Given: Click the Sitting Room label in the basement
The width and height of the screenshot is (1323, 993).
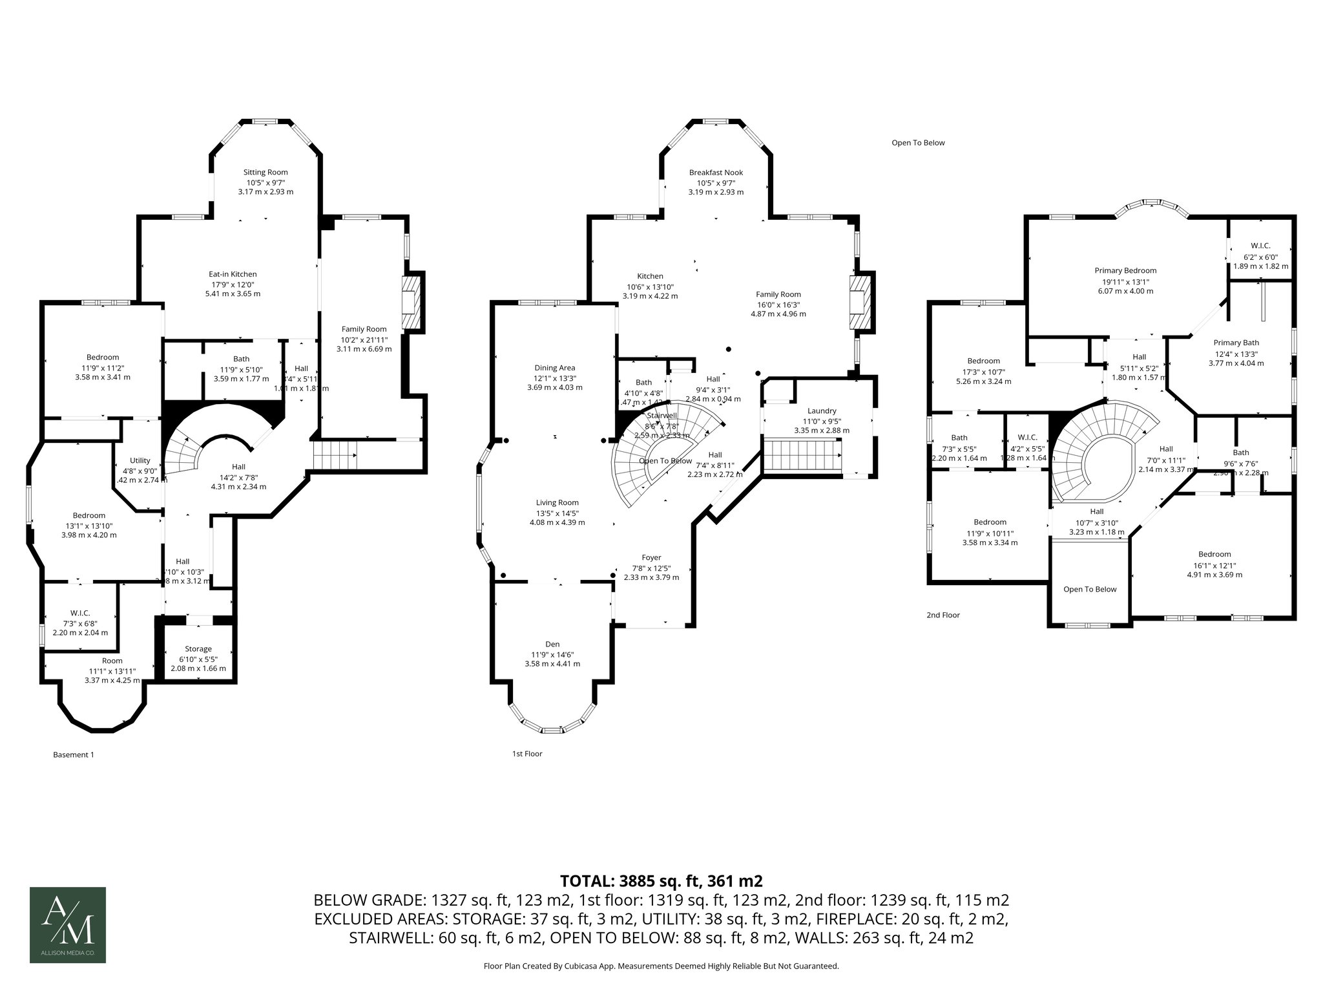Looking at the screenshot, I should coord(265,173).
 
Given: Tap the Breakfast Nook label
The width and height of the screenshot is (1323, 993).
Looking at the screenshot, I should coord(716,173).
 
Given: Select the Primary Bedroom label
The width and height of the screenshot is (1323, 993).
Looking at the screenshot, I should coord(1125,271).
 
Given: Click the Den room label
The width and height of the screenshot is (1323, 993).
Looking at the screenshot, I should coord(552,644).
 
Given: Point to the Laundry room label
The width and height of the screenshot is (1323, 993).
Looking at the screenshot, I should coord(822,411).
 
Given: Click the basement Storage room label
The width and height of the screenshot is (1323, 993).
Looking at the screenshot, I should coord(198,649).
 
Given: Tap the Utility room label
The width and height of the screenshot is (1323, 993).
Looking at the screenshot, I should coord(140,461).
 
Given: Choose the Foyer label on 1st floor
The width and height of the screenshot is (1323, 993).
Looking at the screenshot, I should coord(651,558).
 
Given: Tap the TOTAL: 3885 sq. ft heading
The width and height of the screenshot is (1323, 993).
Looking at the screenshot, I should coord(661,881).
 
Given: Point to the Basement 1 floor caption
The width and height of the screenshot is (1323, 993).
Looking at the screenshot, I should coord(73,754).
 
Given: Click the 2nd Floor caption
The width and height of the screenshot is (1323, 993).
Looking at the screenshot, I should coord(943,615).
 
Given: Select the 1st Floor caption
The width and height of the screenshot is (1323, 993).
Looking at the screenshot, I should coord(527,754).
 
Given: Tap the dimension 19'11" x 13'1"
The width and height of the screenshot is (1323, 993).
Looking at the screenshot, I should coord(1125,281).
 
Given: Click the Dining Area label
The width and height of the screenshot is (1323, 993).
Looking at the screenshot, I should coord(554,368).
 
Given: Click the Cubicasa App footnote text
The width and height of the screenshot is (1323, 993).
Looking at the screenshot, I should coord(661,966).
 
